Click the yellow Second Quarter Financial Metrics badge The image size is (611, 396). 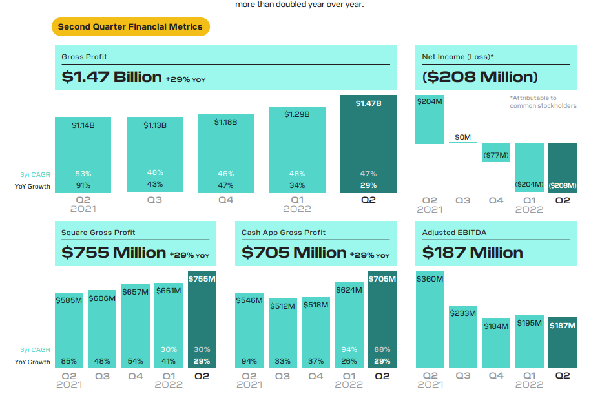pyautogui.click(x=130, y=26)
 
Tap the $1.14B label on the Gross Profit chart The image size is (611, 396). pyautogui.click(x=83, y=125)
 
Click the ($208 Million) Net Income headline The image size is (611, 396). pyautogui.click(x=480, y=77)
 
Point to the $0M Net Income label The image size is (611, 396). pyautogui.click(x=462, y=137)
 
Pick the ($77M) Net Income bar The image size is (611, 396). pyautogui.click(x=495, y=152)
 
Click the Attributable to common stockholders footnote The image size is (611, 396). pyautogui.click(x=543, y=101)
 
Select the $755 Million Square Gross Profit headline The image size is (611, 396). pyautogui.click(x=114, y=252)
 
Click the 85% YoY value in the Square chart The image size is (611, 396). pyautogui.click(x=68, y=361)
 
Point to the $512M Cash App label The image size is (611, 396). pyautogui.click(x=282, y=306)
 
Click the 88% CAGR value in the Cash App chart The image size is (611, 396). pyautogui.click(x=382, y=349)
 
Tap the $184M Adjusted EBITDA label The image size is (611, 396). pyautogui.click(x=496, y=326)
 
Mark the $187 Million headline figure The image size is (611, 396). pyautogui.click(x=472, y=252)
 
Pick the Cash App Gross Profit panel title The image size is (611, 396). pyautogui.click(x=284, y=233)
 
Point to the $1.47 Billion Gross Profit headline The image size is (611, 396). pyautogui.click(x=112, y=77)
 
